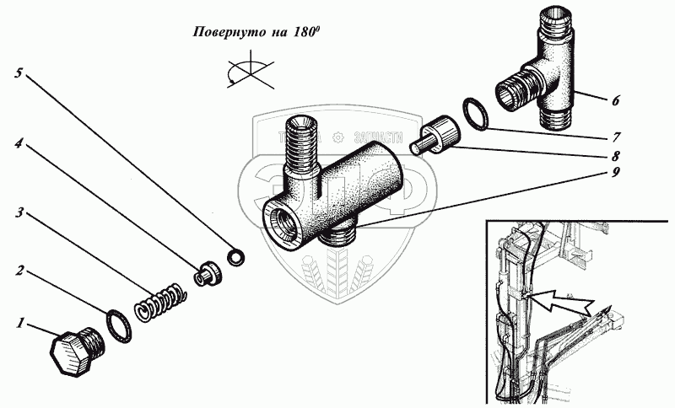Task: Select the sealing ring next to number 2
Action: pos(117,324)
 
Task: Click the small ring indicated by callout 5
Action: pos(238,254)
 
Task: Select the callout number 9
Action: pos(617,174)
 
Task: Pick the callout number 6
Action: pos(616,99)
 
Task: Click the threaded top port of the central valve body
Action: pos(302,140)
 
